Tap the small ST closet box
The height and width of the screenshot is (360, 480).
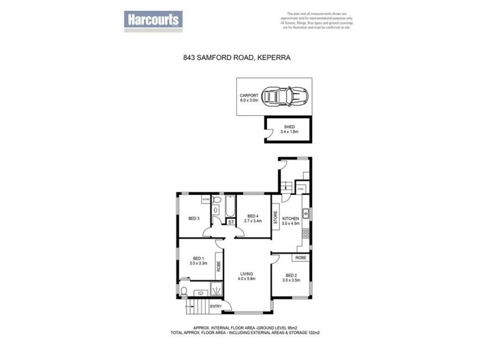pyautogui.click(x=230, y=223)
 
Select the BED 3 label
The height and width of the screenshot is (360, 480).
pyautogui.click(x=193, y=218)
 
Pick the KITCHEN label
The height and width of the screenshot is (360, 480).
pyautogui.click(x=290, y=218)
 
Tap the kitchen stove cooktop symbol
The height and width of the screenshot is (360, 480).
pyautogui.click(x=305, y=232)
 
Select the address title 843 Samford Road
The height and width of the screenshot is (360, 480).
pyautogui.click(x=240, y=58)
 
